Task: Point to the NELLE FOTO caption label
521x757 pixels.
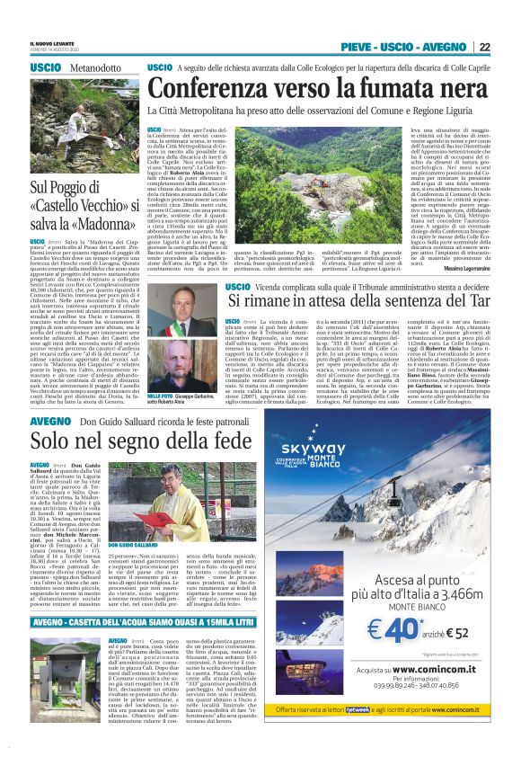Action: click(x=161, y=369)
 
